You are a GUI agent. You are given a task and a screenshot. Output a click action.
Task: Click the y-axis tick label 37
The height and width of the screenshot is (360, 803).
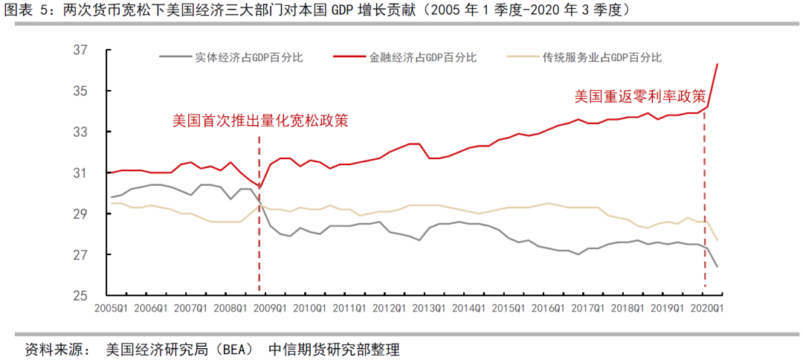(x=81, y=51)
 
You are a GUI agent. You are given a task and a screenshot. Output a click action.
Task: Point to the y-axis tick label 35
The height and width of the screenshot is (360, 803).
(x=81, y=91)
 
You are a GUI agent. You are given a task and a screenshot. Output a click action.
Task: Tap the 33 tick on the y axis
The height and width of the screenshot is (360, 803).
(x=81, y=132)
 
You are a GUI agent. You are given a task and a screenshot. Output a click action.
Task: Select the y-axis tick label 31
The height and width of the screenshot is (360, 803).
(x=81, y=173)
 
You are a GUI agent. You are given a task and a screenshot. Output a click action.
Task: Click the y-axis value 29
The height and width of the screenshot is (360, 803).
(x=81, y=214)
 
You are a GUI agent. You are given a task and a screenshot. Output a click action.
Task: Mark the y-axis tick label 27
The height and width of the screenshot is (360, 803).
(x=81, y=255)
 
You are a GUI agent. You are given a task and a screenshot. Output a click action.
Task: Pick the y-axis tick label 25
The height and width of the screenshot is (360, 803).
(x=81, y=296)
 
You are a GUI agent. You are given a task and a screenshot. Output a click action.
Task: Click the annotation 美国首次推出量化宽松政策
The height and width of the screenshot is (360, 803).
(x=260, y=120)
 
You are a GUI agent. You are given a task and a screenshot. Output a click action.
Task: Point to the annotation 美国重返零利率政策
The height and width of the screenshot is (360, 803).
(x=639, y=97)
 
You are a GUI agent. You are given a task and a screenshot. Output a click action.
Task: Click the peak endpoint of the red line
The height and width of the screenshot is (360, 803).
(x=717, y=64)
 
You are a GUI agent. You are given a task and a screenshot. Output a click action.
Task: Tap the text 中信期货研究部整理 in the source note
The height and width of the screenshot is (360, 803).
(x=333, y=349)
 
